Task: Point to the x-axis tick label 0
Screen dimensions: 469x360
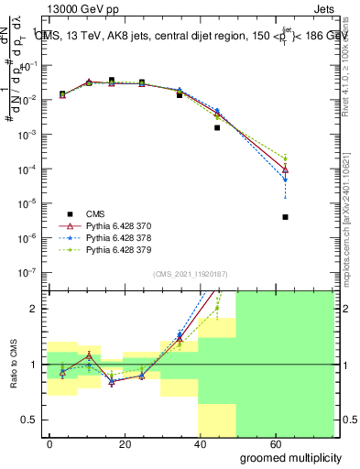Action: tap(49, 442)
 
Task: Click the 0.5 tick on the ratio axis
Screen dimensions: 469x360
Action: tap(29, 420)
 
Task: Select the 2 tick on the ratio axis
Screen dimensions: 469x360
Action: tap(34, 309)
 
